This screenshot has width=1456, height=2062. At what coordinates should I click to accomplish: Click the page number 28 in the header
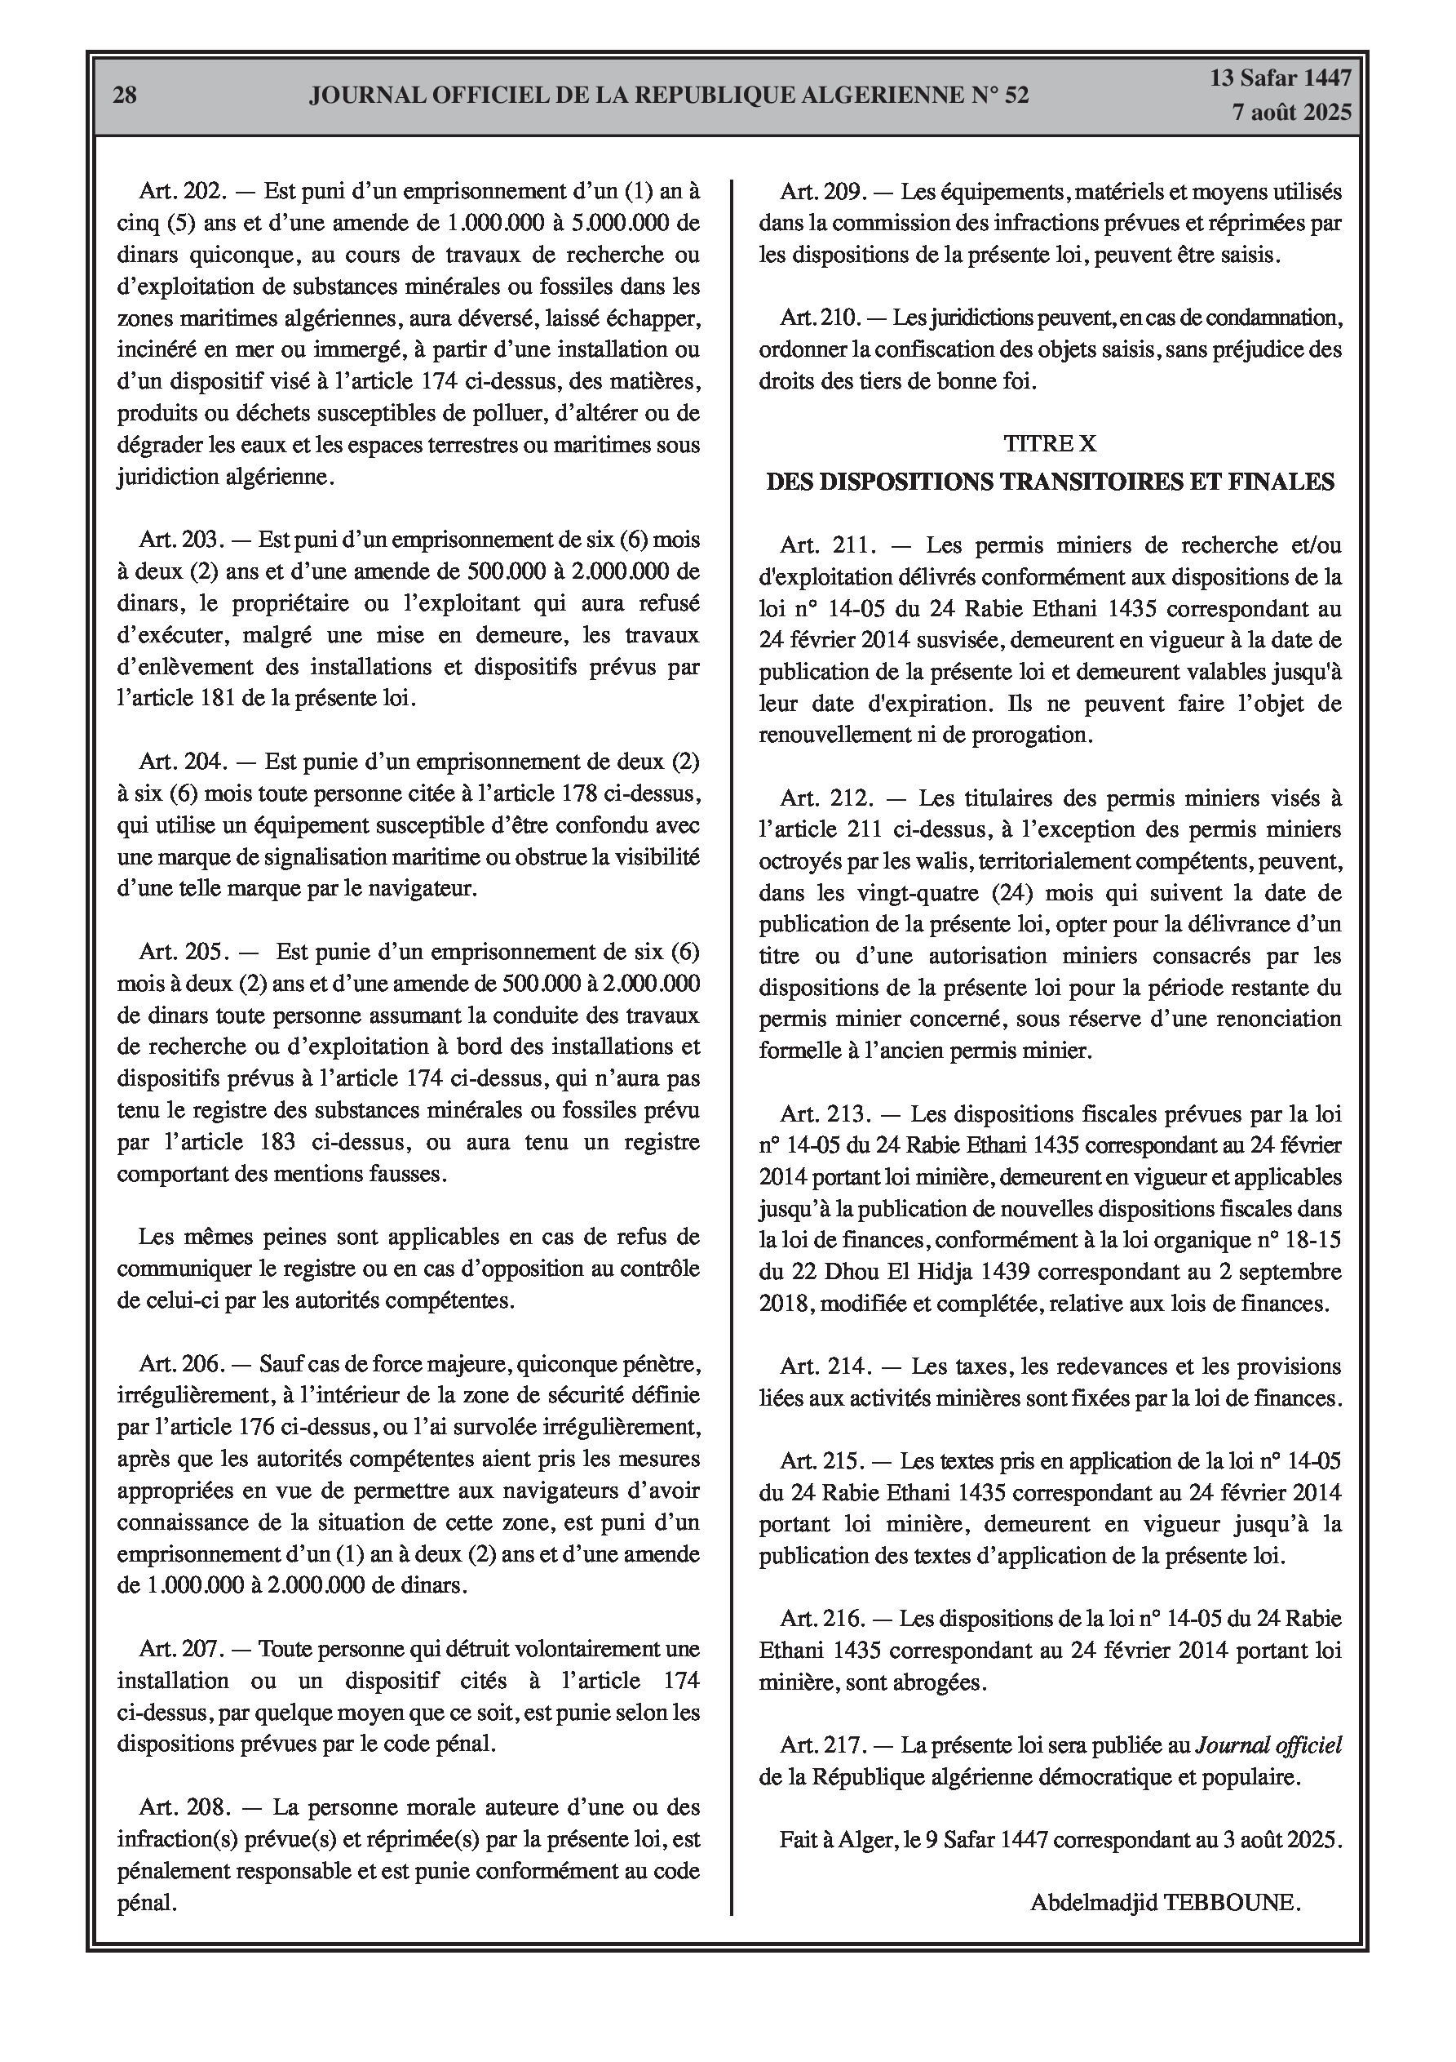125,96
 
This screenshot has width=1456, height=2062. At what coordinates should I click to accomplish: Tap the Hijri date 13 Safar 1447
1280,78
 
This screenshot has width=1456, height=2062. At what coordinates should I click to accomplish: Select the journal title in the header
669,96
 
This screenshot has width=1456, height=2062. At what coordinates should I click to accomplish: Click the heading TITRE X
1049,442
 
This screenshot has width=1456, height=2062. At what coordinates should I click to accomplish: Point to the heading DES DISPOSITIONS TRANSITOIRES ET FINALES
1049,482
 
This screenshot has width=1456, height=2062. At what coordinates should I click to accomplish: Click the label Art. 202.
180,191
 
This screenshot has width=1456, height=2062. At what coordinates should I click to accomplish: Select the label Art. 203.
180,540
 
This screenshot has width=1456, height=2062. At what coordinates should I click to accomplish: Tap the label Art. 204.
180,762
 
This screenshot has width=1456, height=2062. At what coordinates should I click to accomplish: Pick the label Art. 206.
180,1364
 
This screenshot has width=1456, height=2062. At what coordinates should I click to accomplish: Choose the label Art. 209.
821,191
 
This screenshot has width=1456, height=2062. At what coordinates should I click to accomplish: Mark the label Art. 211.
825,545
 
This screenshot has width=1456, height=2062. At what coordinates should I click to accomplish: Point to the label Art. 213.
825,1114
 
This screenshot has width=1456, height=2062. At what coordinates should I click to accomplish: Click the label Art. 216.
822,1620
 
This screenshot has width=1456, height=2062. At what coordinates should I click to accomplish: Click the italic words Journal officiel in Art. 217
1267,1745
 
